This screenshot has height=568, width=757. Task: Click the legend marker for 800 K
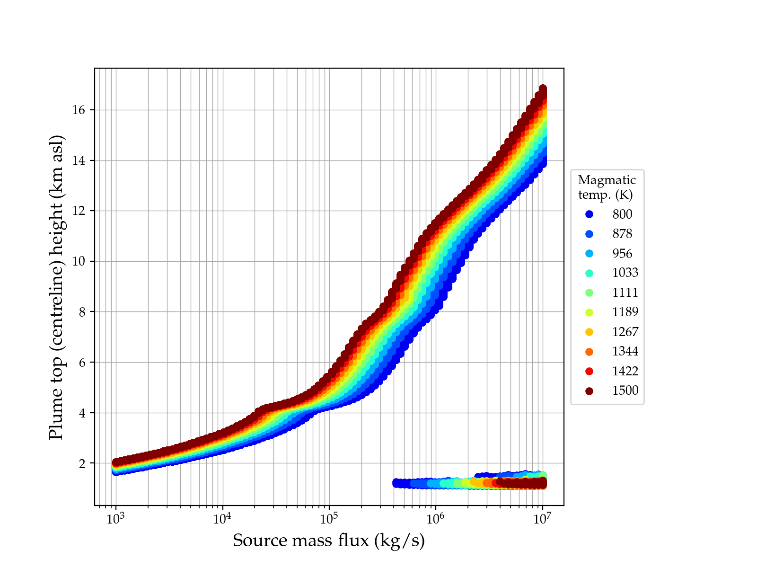coord(589,214)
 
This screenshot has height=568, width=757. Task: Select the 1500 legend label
coord(625,390)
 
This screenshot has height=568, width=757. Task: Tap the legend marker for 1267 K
coord(589,332)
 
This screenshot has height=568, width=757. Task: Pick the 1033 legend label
coord(625,273)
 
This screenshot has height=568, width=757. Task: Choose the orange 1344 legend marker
coord(589,351)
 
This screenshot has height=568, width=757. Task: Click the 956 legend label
coord(622,253)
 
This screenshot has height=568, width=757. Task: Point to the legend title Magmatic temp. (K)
coord(607,187)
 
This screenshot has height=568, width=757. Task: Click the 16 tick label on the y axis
coord(79,110)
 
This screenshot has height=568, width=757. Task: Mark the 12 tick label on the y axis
coord(79,211)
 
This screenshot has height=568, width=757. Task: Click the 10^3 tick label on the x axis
coord(115,518)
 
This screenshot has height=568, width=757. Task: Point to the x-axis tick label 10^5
coord(329,518)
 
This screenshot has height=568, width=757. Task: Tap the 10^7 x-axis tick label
coord(542,518)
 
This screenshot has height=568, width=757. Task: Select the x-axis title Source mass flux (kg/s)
coord(329,541)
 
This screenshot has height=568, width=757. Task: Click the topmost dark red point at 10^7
coord(543,89)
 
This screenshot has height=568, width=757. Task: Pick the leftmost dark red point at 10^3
coord(116,462)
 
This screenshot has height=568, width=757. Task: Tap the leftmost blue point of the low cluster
coord(396,483)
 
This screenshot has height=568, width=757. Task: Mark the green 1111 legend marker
coord(589,293)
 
